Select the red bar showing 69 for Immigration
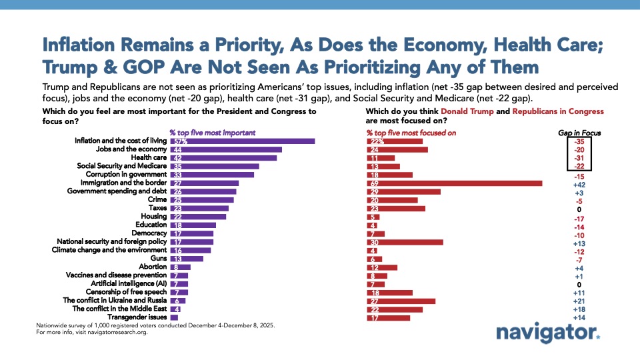[x=455, y=183]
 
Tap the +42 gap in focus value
[x=579, y=183]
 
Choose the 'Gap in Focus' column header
[x=579, y=133]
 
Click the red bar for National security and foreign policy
[x=405, y=242]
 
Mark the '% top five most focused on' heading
[x=411, y=133]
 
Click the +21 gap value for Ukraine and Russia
[x=579, y=301]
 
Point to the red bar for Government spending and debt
[x=404, y=191]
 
